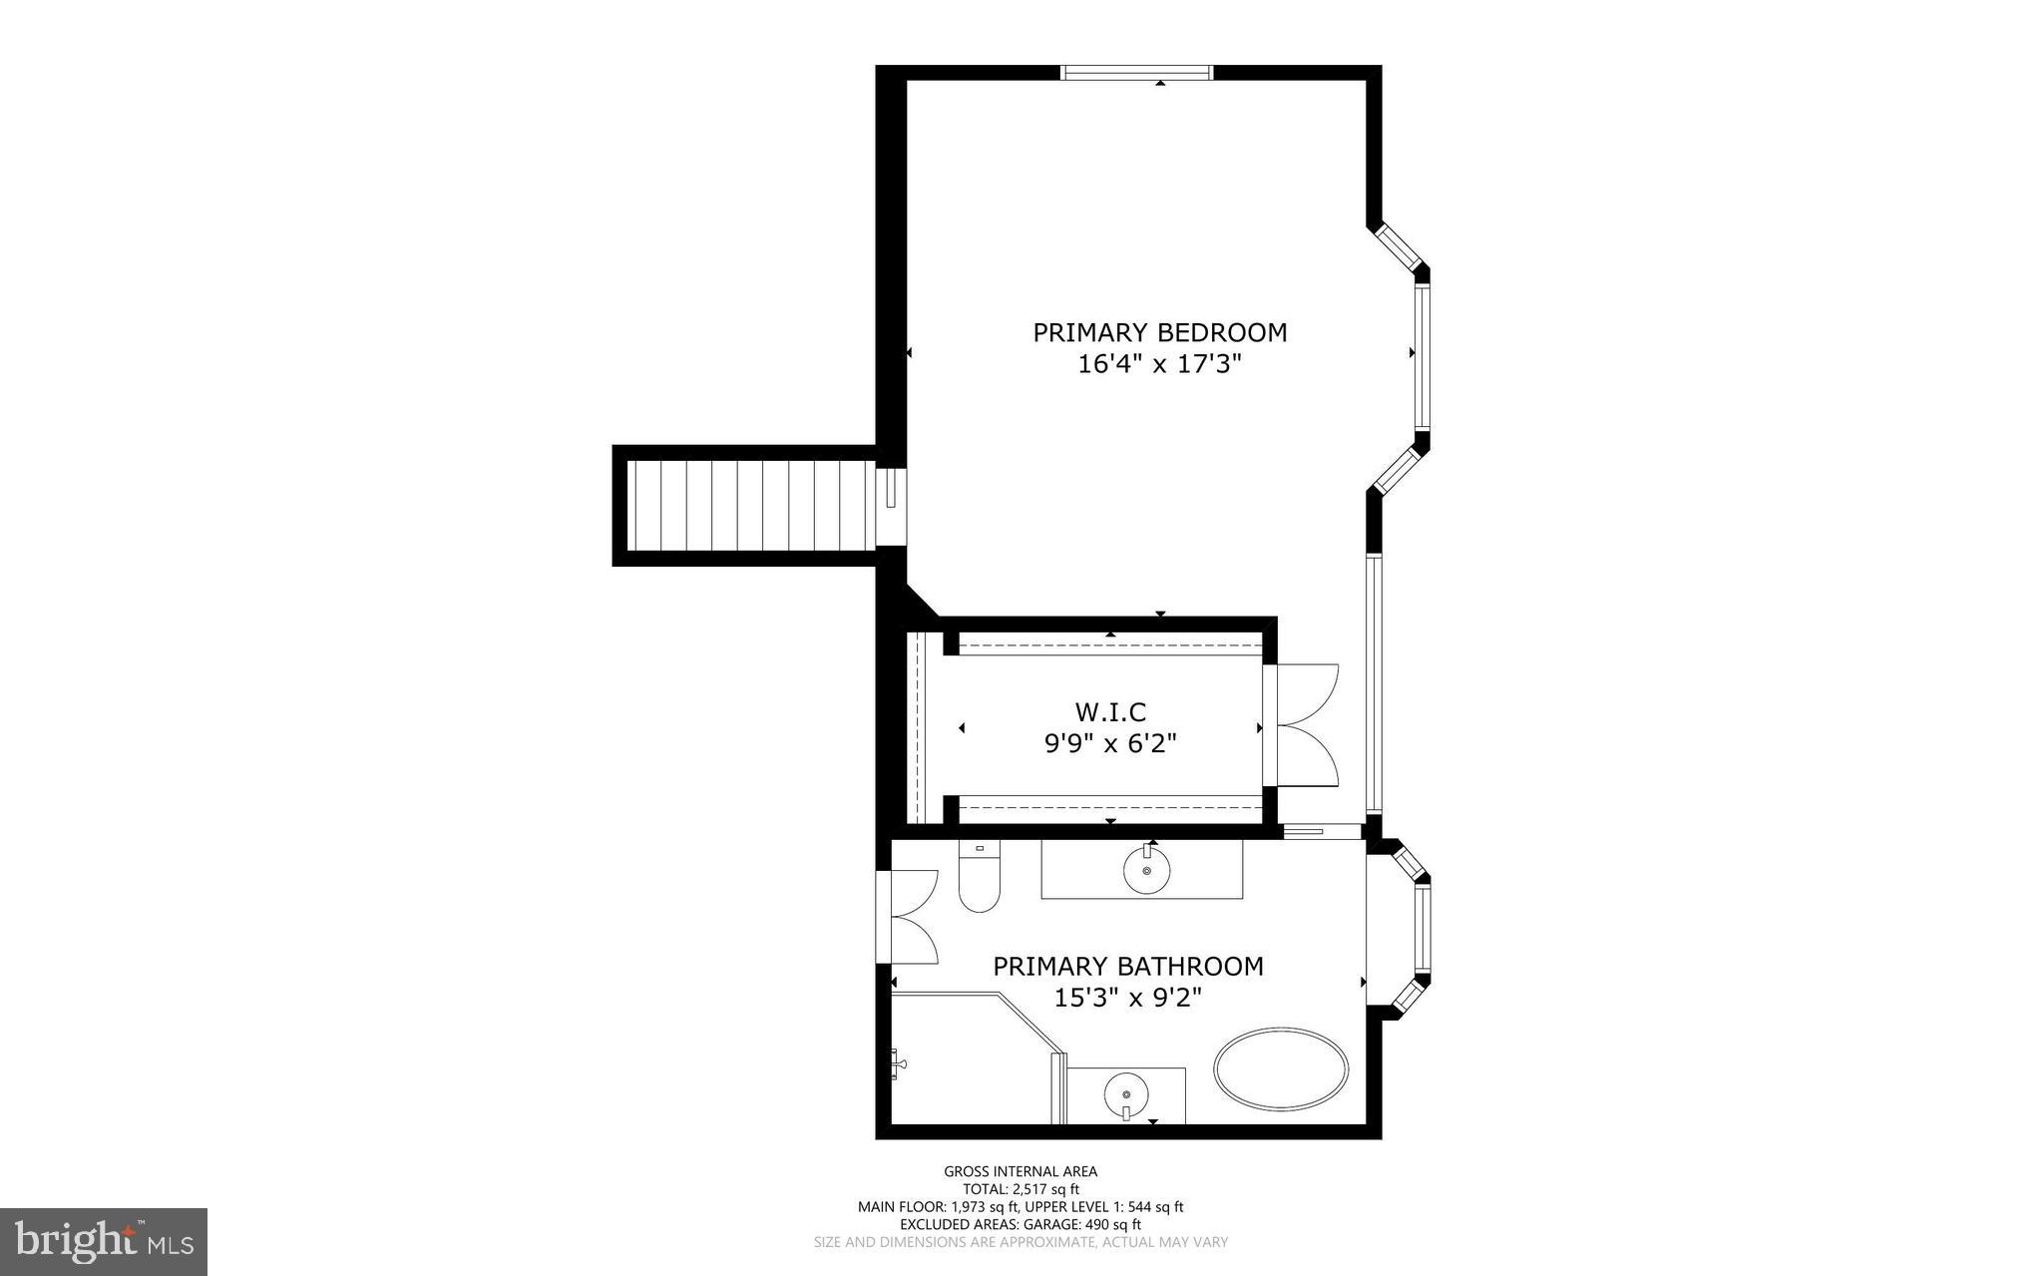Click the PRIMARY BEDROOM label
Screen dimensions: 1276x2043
[x=1159, y=332]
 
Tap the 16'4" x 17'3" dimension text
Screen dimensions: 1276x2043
[x=1159, y=364]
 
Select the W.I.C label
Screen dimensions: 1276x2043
[x=1110, y=712]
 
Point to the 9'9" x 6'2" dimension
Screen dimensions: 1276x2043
[x=1110, y=743]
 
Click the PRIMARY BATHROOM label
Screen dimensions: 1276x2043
[x=1127, y=966]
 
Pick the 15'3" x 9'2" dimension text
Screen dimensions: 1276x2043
[x=1127, y=997]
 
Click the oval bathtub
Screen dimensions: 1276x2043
[x=1281, y=1068]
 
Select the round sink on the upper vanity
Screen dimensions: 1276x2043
[x=1147, y=871]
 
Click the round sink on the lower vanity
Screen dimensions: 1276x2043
[x=1126, y=1096]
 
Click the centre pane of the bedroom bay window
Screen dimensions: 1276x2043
[x=1422, y=358]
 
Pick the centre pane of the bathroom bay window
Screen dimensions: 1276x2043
[x=1423, y=931]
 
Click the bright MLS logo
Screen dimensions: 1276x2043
[x=104, y=1241]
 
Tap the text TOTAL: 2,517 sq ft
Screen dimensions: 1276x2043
[x=1021, y=1189]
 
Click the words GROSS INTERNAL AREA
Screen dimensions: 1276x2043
[x=1021, y=1171]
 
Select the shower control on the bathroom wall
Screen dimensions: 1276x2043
[x=899, y=1064]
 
